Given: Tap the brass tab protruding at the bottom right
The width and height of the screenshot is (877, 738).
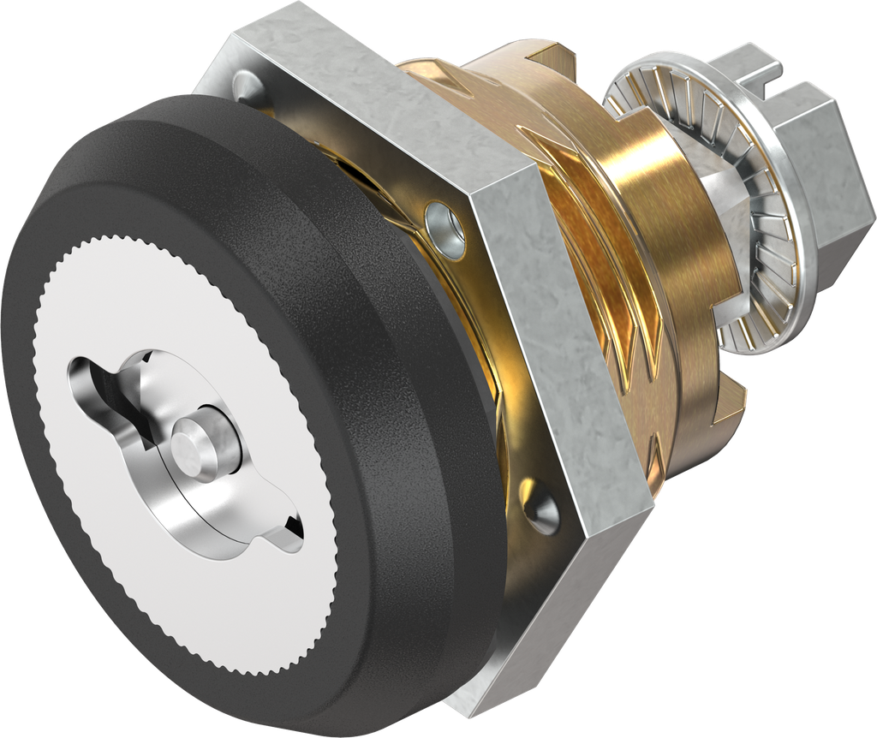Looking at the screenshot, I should (x=728, y=402).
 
